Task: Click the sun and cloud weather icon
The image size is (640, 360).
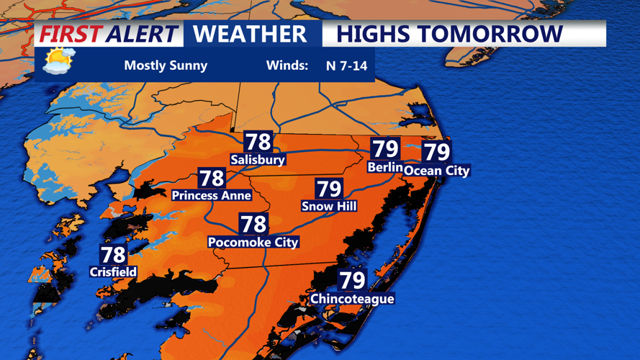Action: pos(58,60)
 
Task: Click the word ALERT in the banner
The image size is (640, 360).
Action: pos(141,34)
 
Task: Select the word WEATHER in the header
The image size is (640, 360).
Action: pos(250,34)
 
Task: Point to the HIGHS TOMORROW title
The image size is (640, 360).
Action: pos(449,34)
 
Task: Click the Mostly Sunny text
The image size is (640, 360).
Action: pos(166,66)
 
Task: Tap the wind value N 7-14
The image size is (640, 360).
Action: pos(346,66)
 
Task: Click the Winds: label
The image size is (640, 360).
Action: pos(287,66)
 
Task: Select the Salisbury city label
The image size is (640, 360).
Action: pos(258,159)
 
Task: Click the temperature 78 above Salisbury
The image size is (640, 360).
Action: pos(258,142)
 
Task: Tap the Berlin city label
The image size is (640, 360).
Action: pos(384,167)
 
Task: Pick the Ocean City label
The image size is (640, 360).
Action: pos(436,171)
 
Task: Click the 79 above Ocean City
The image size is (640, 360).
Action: pos(436,152)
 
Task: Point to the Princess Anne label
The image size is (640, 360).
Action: pos(211,195)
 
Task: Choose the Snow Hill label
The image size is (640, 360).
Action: pos(329,206)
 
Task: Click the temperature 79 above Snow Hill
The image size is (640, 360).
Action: pos(329,189)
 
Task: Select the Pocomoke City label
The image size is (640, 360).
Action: pos(253,242)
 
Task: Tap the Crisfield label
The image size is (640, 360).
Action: pos(113,271)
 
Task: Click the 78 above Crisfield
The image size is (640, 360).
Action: pos(113,254)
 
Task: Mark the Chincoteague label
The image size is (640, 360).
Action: pos(352,298)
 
